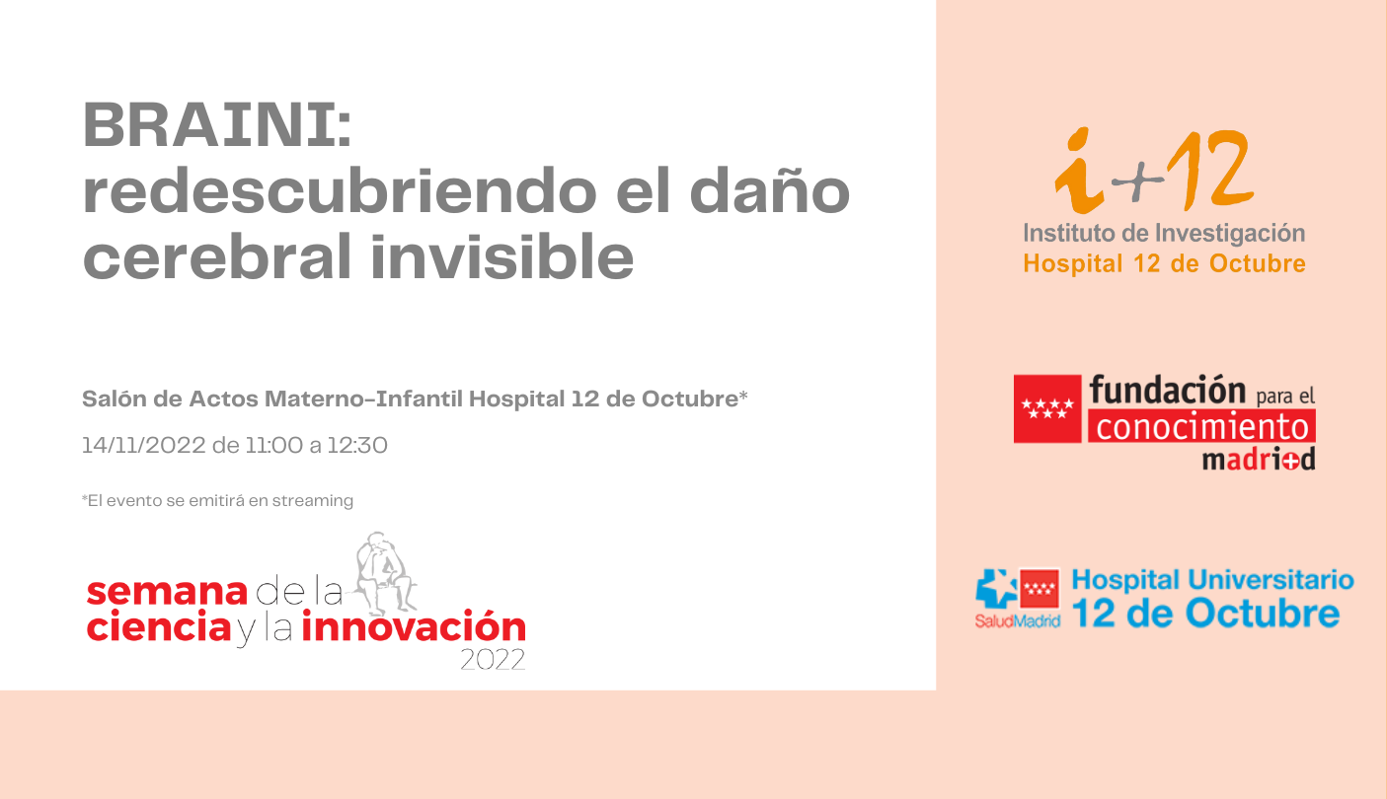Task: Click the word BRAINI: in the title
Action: [x=217, y=124]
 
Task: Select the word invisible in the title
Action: [x=501, y=255]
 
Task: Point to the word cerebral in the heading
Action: [x=217, y=255]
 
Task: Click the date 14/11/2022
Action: [x=144, y=445]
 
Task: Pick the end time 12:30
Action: [x=357, y=445]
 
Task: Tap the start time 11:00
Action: [x=273, y=445]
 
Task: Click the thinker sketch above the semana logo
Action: [x=385, y=572]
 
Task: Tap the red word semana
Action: [x=167, y=592]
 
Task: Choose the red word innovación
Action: [x=414, y=625]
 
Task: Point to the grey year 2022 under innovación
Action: [x=493, y=660]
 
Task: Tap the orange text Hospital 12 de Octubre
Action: [x=1164, y=263]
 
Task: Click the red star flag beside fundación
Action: [x=1047, y=408]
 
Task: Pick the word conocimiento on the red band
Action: [x=1201, y=426]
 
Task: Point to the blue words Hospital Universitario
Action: [x=1212, y=581]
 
